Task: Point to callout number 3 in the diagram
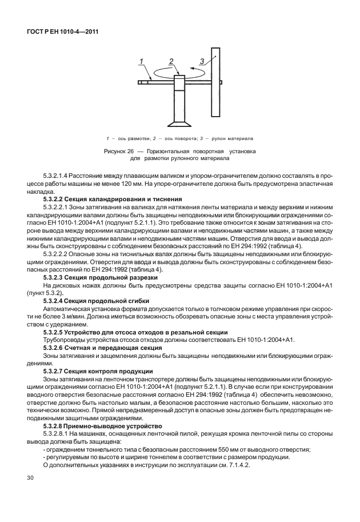tap(202, 60)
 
